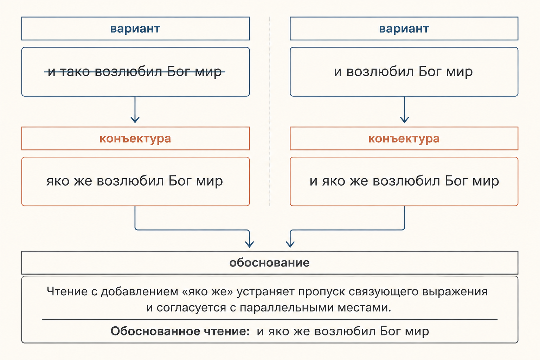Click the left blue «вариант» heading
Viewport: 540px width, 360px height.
[x=135, y=29]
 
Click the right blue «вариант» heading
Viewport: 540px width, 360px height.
[x=404, y=29]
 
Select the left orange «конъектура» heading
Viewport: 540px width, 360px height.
[x=135, y=139]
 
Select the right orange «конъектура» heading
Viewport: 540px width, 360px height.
[x=404, y=139]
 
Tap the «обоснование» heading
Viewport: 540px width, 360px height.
[x=270, y=263]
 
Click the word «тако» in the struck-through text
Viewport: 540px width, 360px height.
[x=75, y=72]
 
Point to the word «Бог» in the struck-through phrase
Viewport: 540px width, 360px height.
[x=178, y=72]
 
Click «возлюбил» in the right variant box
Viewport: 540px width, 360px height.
[x=380, y=72]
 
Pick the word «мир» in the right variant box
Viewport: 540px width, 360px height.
[x=459, y=72]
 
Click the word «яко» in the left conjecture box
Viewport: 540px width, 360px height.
[x=58, y=181]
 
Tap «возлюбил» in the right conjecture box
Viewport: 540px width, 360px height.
[x=406, y=181]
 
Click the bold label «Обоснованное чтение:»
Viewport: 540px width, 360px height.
[x=180, y=331]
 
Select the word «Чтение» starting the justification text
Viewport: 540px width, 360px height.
[x=67, y=291]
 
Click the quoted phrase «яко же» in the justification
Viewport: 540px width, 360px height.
[x=207, y=291]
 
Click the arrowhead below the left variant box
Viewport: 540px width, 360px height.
[x=135, y=120]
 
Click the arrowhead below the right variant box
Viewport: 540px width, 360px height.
[x=405, y=120]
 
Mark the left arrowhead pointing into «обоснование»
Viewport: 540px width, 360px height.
[x=250, y=244]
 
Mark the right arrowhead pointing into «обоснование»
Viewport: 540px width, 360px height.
[x=290, y=244]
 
